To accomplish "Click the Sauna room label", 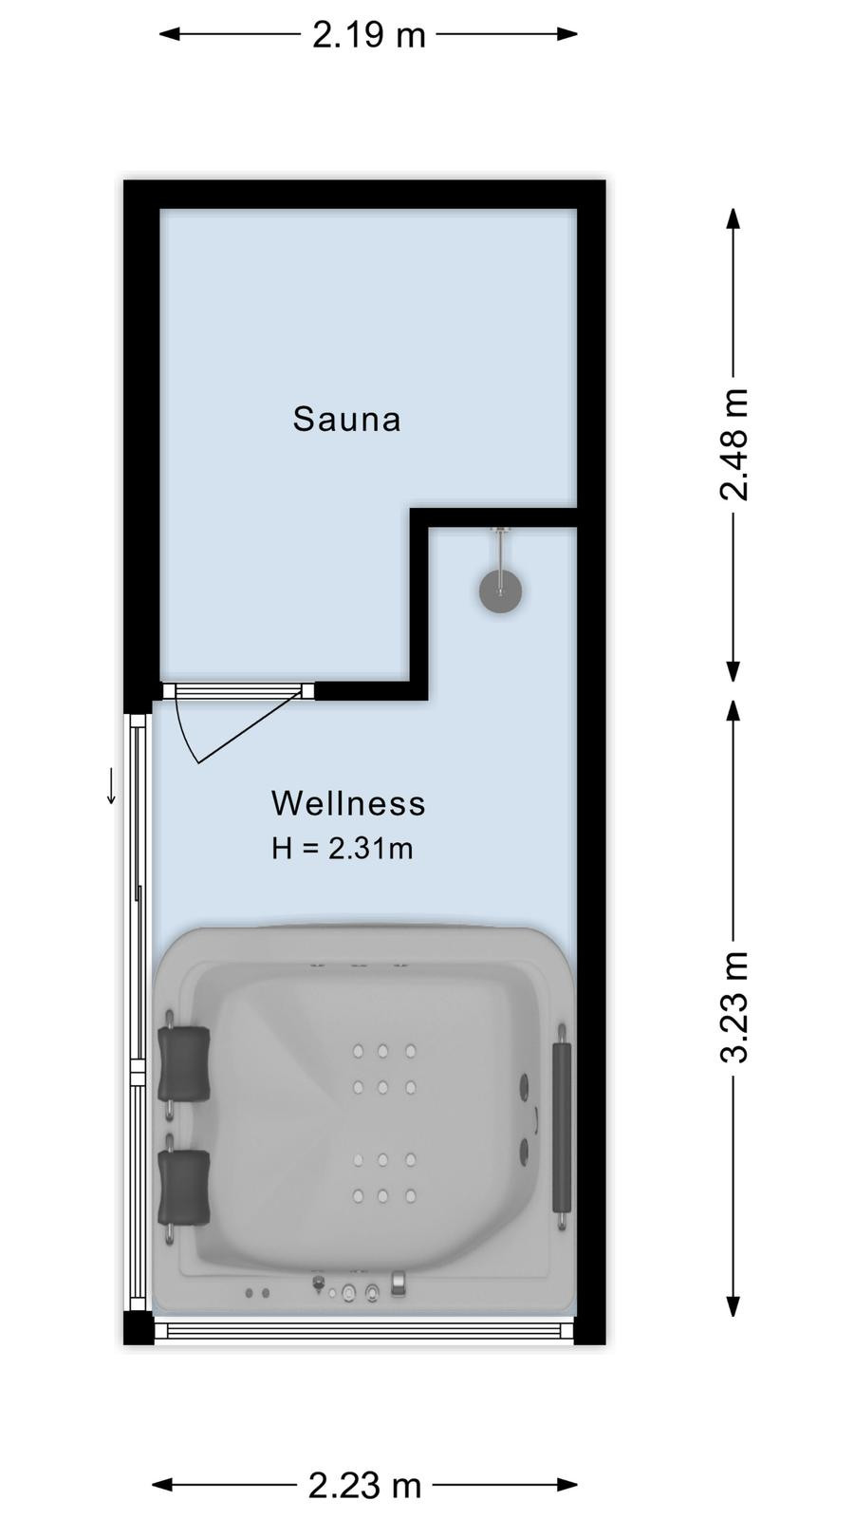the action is [346, 419].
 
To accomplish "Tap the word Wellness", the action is [348, 803].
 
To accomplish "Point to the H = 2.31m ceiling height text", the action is [343, 849].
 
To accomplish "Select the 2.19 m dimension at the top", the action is [369, 34].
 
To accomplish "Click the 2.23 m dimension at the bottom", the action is [364, 1485].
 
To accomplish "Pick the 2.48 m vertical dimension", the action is [733, 445].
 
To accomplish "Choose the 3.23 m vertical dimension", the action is [733, 1006].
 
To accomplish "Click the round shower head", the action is [501, 591].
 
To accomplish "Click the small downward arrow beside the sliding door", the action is [111, 786].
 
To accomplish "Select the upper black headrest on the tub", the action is [183, 1063].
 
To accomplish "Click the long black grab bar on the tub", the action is [562, 1128].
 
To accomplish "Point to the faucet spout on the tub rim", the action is [399, 1285].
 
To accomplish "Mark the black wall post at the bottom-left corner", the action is [139, 1328].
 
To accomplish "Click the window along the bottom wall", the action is [364, 1330].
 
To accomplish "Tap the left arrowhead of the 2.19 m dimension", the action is [169, 34].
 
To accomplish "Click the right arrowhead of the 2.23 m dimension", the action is [567, 1485].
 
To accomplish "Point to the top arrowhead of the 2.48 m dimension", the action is [733, 218].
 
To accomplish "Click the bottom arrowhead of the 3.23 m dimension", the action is [733, 1306].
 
